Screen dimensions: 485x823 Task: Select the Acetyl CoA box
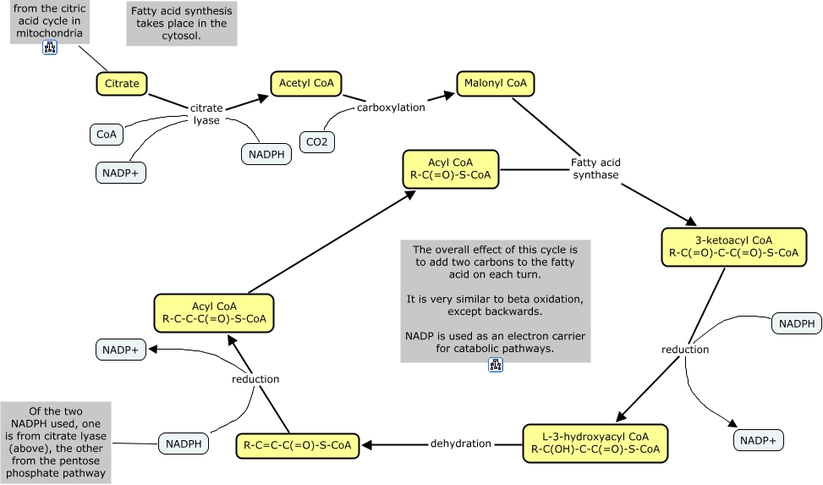[306, 83]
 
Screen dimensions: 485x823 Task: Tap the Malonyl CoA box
[496, 83]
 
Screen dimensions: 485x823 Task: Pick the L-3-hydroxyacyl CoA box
[595, 443]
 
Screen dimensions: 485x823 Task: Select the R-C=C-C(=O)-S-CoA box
[298, 444]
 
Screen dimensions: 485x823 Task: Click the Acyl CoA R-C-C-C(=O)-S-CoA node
[214, 313]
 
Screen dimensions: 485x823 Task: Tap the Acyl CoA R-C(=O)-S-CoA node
[451, 168]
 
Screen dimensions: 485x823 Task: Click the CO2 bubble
[316, 142]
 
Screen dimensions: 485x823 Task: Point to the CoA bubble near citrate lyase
[107, 134]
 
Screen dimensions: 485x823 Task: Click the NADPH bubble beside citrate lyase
[267, 153]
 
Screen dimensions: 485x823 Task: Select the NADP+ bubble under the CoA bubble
[121, 172]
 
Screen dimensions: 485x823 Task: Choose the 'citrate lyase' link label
[206, 114]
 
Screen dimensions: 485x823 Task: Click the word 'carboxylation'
[391, 107]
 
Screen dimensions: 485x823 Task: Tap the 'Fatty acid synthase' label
[595, 168]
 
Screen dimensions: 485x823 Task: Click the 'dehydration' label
[461, 444]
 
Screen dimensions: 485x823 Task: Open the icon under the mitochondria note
[50, 48]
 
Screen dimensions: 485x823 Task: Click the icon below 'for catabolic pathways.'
[496, 365]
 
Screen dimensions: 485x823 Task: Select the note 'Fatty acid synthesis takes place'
[182, 24]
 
